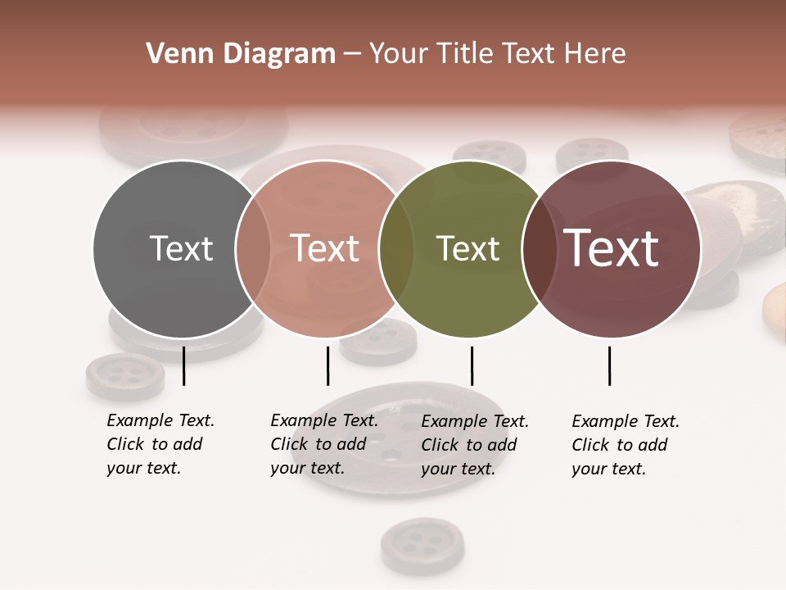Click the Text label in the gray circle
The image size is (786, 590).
pyautogui.click(x=181, y=248)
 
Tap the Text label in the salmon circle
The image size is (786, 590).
pyautogui.click(x=324, y=248)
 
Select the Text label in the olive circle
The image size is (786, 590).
pyautogui.click(x=468, y=248)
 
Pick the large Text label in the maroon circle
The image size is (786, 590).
pyautogui.click(x=612, y=248)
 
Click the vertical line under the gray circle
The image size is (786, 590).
pyautogui.click(x=184, y=365)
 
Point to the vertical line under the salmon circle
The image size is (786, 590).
pyautogui.click(x=327, y=365)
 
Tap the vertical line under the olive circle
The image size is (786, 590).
pyautogui.click(x=472, y=365)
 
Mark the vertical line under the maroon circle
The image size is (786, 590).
pyautogui.click(x=609, y=365)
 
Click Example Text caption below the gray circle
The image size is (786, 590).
pyautogui.click(x=160, y=444)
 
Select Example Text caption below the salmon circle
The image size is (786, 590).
pyautogui.click(x=324, y=444)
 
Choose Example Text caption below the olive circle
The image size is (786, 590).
pyautogui.click(x=475, y=445)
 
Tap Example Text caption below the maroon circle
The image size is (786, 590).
pyautogui.click(x=626, y=445)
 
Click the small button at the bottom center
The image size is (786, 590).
pyautogui.click(x=422, y=543)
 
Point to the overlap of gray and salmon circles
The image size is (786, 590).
pyautogui.click(x=253, y=249)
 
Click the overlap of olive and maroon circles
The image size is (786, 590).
pyautogui.click(x=540, y=249)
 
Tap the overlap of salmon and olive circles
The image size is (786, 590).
pyautogui.click(x=395, y=249)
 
